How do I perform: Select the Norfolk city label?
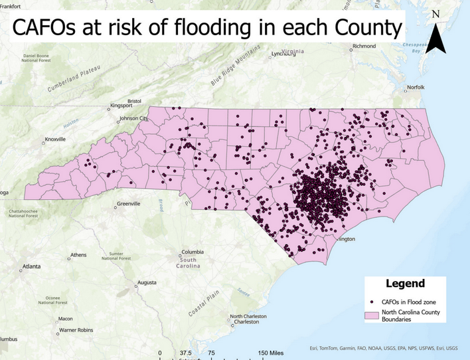(x=416, y=87)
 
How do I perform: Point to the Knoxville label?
(x=55, y=139)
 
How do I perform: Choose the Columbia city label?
(x=193, y=252)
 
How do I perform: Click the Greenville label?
(x=128, y=204)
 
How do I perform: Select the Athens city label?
(x=78, y=255)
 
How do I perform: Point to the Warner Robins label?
(x=78, y=329)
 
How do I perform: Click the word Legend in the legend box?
(x=405, y=284)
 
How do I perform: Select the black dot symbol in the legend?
(x=375, y=300)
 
